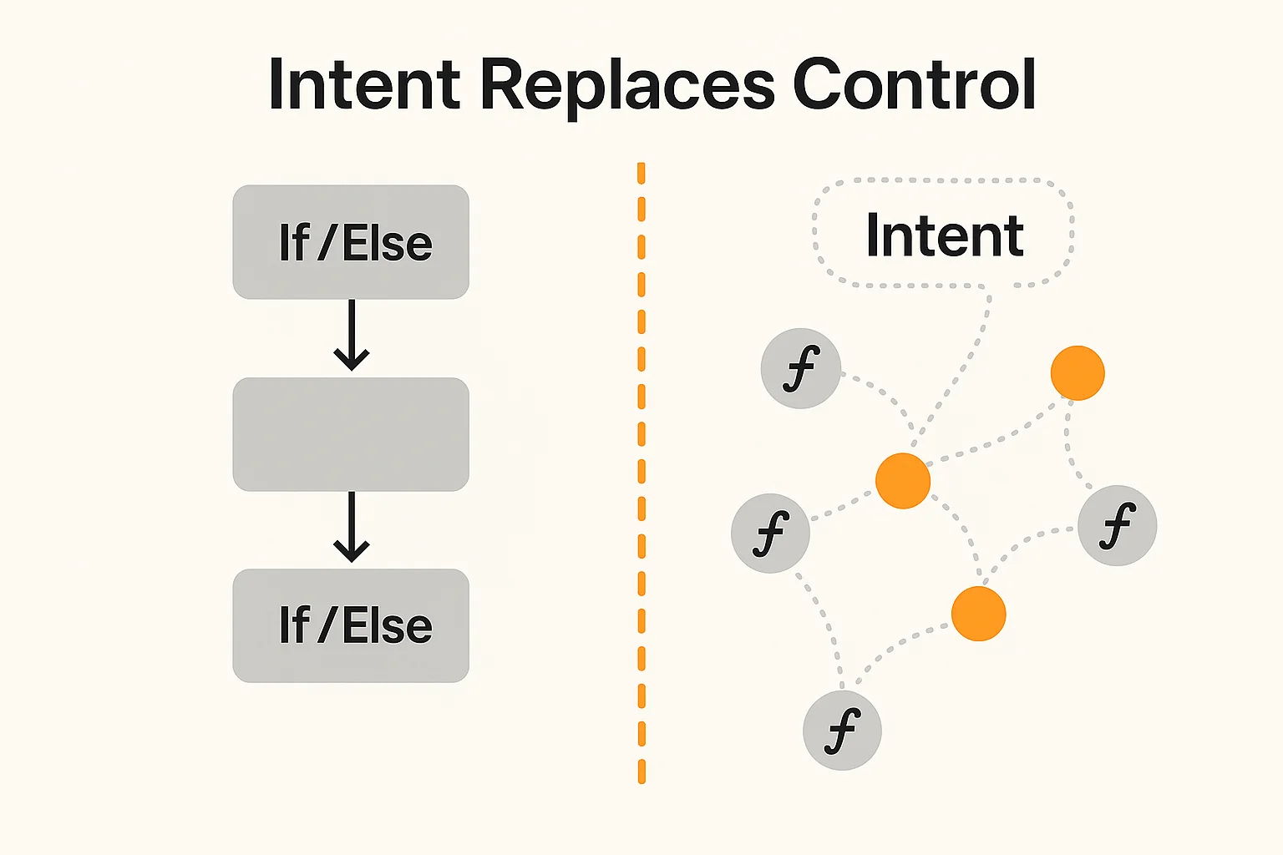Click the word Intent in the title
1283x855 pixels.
(x=364, y=85)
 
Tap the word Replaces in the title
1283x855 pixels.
(x=628, y=85)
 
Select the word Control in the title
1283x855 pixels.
(x=914, y=85)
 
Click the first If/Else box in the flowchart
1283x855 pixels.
(x=351, y=242)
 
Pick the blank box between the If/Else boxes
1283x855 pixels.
(x=351, y=434)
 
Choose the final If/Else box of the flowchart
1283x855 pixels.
(x=351, y=625)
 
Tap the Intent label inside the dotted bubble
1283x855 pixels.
(x=944, y=235)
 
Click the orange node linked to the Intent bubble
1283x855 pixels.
(x=903, y=481)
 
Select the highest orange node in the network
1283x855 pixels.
(x=1078, y=373)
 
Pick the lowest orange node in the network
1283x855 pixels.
(x=979, y=614)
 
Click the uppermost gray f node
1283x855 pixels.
(x=800, y=368)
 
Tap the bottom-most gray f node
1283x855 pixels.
(x=842, y=731)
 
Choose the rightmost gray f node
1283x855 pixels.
(x=1118, y=526)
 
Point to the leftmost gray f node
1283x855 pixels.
(x=770, y=534)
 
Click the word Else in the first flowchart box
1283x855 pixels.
(x=388, y=244)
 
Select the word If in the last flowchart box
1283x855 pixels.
(x=294, y=625)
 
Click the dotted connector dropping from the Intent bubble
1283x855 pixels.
(x=961, y=367)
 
